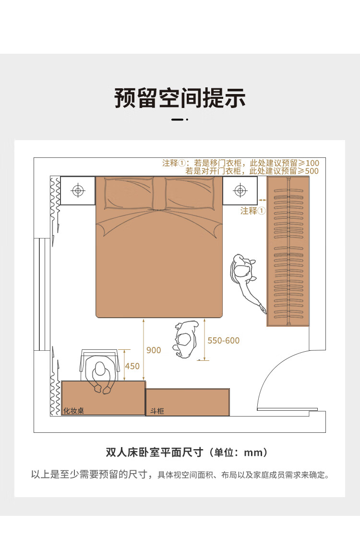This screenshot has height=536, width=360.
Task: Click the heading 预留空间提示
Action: pyautogui.click(x=180, y=98)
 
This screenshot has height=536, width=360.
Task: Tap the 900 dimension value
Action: pyautogui.click(x=154, y=350)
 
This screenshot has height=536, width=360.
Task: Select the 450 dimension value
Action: pyautogui.click(x=132, y=367)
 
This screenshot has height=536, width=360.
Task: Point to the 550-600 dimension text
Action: pyautogui.click(x=224, y=341)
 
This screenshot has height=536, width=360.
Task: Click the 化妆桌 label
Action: pyautogui.click(x=73, y=411)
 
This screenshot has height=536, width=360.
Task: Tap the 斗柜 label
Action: pyautogui.click(x=157, y=411)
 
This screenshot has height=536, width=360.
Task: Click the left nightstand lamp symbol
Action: pyautogui.click(x=78, y=190)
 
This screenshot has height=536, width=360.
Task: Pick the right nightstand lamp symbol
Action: pyautogui.click(x=240, y=190)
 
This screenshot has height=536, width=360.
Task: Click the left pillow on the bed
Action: pyautogui.click(x=129, y=193)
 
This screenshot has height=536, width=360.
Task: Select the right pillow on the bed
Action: pyautogui.click(x=190, y=193)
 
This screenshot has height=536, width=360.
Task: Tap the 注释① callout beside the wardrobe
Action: pyautogui.click(x=253, y=211)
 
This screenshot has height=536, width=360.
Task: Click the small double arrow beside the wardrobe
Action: pyautogui.click(x=262, y=200)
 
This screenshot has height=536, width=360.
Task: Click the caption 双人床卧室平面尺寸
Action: pyautogui.click(x=155, y=452)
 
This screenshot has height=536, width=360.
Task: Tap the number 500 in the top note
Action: pyautogui.click(x=312, y=171)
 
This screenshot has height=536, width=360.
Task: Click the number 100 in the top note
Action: pyautogui.click(x=312, y=163)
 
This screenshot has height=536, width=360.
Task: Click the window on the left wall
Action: pyautogui.click(x=42, y=294)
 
